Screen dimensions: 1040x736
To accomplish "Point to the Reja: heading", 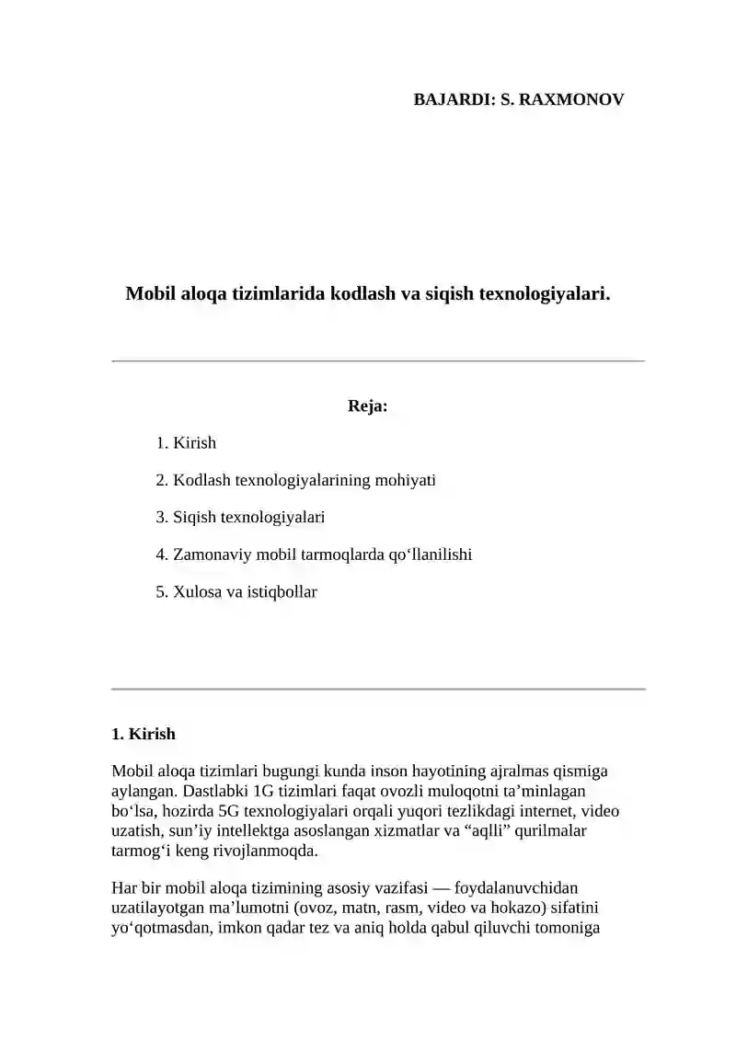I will pos(367,406).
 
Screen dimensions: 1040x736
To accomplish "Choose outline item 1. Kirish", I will pos(186,443).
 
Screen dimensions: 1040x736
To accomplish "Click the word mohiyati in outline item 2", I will pos(405,480).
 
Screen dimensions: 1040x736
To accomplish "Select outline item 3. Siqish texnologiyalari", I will pos(240,518).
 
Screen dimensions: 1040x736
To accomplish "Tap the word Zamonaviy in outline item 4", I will pos(208,554).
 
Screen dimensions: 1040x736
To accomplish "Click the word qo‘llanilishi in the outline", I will pos(430,554).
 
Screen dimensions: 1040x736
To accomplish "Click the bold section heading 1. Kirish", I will pos(143,734).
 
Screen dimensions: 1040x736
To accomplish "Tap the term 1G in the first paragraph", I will pos(262,791).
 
